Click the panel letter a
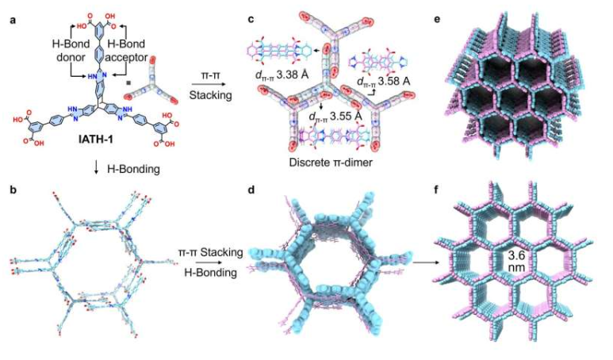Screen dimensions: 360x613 (10, 10)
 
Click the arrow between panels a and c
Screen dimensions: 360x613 (209, 86)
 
